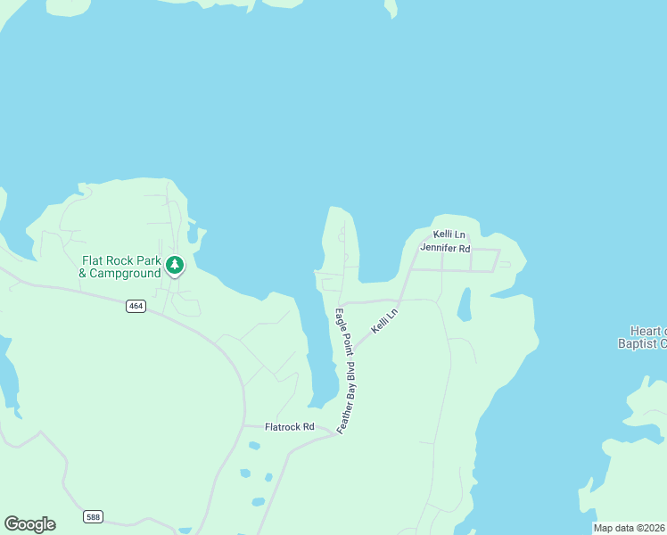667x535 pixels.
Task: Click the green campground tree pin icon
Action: [175, 265]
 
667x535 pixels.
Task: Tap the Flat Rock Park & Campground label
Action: [121, 267]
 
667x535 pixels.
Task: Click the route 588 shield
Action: [93, 516]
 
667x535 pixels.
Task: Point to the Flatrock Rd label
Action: [291, 427]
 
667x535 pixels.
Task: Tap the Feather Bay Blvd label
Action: [347, 399]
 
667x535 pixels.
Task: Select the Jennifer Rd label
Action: [444, 248]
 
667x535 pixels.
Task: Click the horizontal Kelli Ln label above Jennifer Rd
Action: [449, 235]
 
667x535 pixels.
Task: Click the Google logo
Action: [29, 524]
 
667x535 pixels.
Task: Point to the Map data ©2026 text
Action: [630, 528]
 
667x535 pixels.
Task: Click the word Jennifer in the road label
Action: [438, 248]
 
